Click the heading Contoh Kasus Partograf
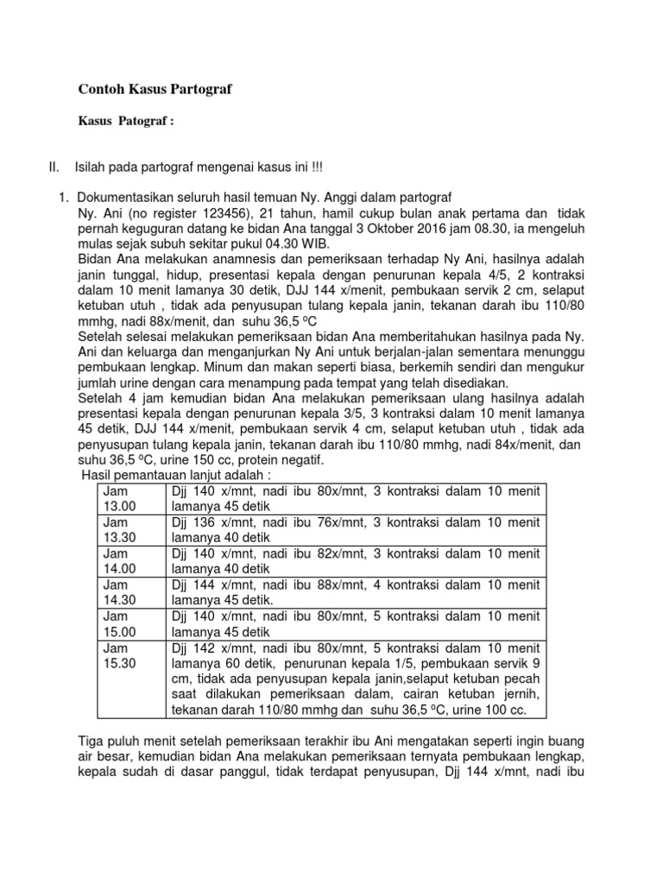(x=155, y=88)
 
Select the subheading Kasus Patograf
(x=127, y=122)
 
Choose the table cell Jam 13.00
(x=120, y=498)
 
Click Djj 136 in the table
(x=193, y=522)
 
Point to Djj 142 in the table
(x=193, y=647)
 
